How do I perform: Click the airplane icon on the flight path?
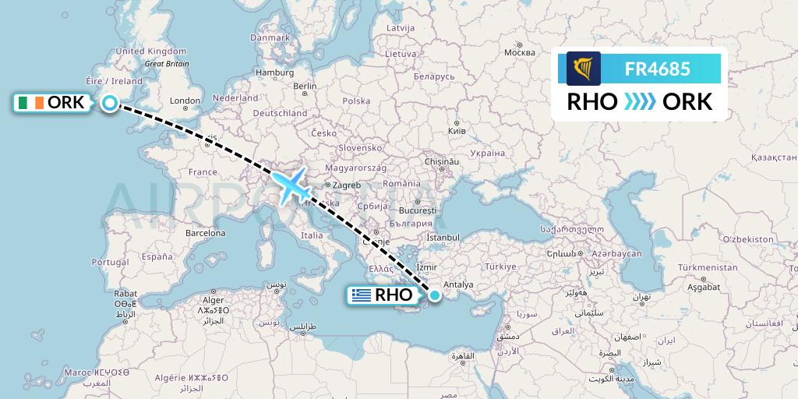click(290, 187)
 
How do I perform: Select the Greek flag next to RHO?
click(361, 295)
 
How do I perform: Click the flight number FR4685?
click(657, 69)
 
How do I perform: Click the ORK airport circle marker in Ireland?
click(110, 103)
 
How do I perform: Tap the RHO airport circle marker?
click(434, 295)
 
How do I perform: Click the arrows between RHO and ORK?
click(640, 101)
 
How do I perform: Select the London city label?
click(185, 101)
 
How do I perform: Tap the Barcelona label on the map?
click(205, 233)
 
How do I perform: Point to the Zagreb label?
click(347, 185)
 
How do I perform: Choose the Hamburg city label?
click(274, 72)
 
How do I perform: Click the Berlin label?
click(304, 86)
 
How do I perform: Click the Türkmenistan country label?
click(707, 267)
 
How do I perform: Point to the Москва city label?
click(519, 53)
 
